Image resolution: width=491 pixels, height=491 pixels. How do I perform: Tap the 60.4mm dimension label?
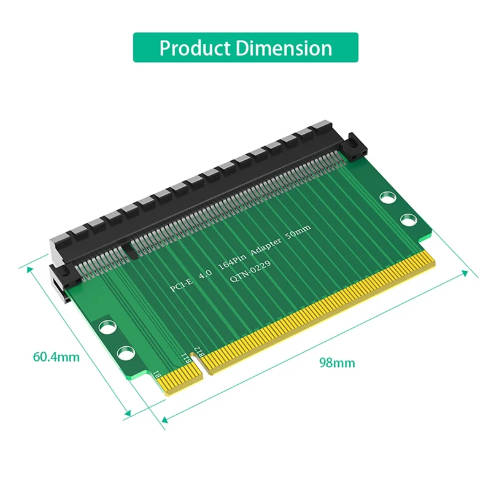tap(56, 356)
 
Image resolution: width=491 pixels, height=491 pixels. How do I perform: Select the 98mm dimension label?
tap(336, 362)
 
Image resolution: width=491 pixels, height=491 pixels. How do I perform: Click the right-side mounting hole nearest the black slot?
tap(387, 198)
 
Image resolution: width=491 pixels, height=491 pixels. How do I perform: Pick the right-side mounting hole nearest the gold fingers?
tap(408, 220)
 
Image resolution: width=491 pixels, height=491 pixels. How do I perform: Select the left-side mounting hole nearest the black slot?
tap(108, 327)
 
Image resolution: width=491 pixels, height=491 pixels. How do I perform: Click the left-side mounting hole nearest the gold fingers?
tap(125, 353)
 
